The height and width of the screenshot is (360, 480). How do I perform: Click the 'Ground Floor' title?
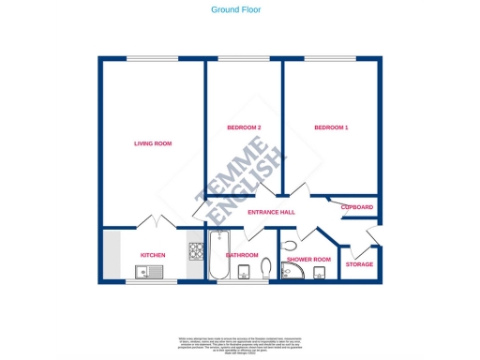point(235,9)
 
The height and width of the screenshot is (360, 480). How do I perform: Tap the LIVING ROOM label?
point(153,143)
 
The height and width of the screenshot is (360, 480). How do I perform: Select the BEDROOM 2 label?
point(244,127)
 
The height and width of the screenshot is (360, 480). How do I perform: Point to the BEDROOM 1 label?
point(331,127)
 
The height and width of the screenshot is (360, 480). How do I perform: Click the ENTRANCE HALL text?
point(271,212)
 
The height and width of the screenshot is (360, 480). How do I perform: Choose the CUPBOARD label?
point(357,207)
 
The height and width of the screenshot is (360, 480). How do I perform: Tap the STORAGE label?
point(359,264)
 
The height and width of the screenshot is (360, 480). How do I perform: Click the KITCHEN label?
point(153,255)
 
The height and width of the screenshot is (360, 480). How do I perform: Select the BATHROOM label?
point(242,255)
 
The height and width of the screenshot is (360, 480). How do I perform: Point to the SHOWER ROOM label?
point(309,259)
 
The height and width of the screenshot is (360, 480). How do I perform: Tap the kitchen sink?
point(149,273)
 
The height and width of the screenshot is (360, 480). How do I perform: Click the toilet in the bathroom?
point(264,271)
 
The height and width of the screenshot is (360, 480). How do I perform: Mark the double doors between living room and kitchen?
point(154,223)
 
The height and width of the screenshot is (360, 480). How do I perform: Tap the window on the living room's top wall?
point(154,59)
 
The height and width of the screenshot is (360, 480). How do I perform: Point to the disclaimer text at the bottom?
point(239,343)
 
